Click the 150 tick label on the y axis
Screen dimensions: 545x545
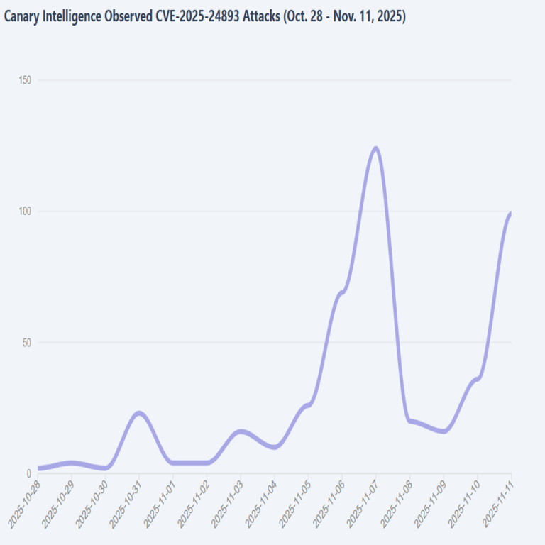25,80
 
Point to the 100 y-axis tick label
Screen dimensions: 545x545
25,211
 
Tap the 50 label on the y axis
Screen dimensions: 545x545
27,343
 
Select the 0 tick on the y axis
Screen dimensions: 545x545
30,473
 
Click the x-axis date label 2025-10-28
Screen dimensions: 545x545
23,502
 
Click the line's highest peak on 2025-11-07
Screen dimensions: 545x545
375,148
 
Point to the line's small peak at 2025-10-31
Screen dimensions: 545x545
139,413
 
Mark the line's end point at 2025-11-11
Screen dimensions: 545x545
510,214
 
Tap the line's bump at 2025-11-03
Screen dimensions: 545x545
241,431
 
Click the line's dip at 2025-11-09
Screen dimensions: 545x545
444,431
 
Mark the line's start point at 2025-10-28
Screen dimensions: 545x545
38,468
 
